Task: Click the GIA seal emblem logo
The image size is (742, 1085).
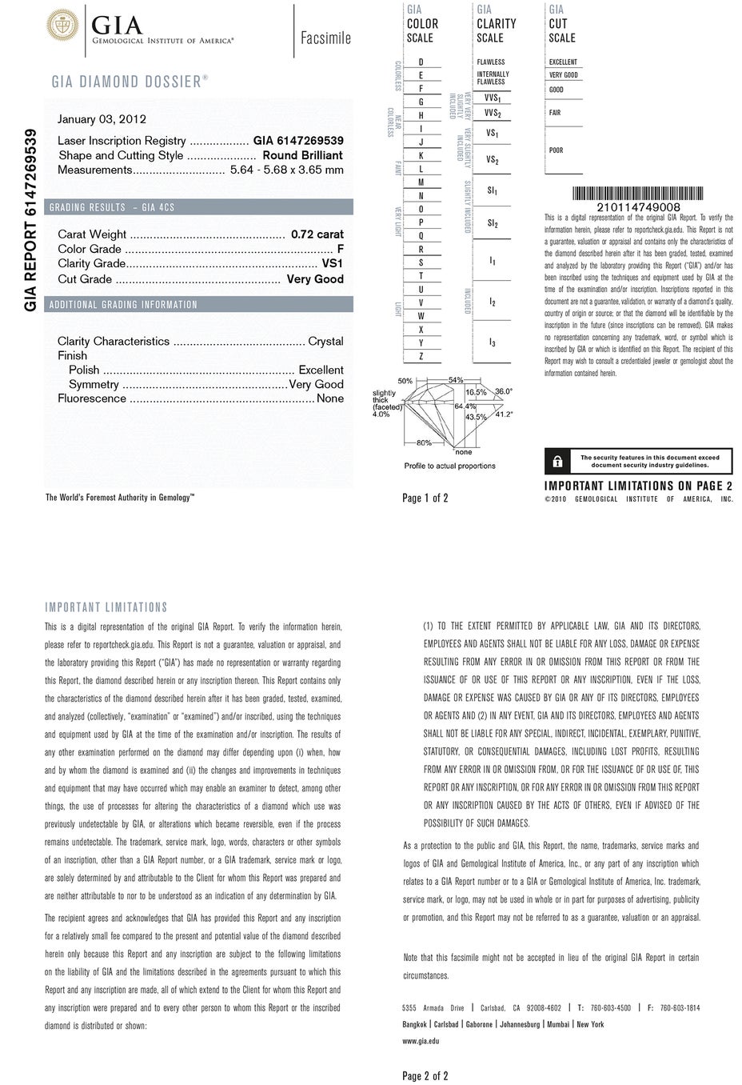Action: (61, 28)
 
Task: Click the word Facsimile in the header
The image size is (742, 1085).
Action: (325, 38)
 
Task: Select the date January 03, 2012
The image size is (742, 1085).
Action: (102, 119)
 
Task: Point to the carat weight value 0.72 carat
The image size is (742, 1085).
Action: (317, 234)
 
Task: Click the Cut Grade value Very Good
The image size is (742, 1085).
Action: (315, 279)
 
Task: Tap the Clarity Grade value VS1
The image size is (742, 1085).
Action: (332, 264)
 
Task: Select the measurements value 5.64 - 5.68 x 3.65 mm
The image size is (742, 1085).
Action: (286, 170)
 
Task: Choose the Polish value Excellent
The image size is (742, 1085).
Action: (321, 370)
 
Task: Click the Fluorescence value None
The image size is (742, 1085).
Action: (330, 398)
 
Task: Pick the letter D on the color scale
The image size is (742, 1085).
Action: (421, 62)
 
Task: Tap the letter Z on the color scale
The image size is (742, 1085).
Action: (421, 357)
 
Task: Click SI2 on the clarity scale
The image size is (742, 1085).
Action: (493, 223)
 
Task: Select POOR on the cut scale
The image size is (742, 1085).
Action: (556, 150)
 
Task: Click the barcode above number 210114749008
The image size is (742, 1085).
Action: (638, 194)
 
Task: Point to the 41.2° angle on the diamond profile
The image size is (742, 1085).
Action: (504, 414)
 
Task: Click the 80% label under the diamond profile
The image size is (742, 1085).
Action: (424, 443)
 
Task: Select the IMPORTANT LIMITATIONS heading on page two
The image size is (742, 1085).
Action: (106, 607)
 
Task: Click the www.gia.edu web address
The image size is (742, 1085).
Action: (421, 1041)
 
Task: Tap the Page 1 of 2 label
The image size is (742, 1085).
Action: (425, 498)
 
